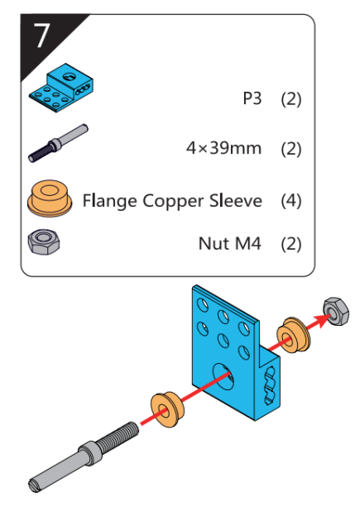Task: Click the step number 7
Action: [42, 36]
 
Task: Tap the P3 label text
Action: [252, 98]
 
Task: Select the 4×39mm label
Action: [223, 148]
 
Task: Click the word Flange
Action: [109, 201]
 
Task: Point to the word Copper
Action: [174, 202]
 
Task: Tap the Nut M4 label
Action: [230, 244]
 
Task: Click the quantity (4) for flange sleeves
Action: [291, 201]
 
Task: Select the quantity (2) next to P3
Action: [291, 98]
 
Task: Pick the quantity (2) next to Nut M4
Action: [291, 244]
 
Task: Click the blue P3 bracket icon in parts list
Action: [61, 88]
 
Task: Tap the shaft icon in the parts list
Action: [58, 143]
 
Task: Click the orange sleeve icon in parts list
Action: [50, 198]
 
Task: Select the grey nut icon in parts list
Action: [44, 241]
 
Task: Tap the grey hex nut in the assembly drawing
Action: [336, 311]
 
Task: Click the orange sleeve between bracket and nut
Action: [293, 335]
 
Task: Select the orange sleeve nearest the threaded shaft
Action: [167, 409]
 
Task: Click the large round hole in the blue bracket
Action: [223, 376]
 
